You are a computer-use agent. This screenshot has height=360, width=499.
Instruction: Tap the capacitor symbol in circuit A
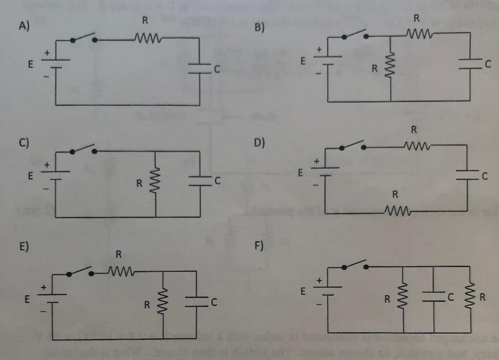tap(199, 68)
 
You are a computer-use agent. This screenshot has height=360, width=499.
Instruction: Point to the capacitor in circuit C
tap(199, 182)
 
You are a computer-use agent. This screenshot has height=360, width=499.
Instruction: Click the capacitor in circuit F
tap(433, 297)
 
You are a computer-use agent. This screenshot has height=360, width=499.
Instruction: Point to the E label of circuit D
tap(301, 174)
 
